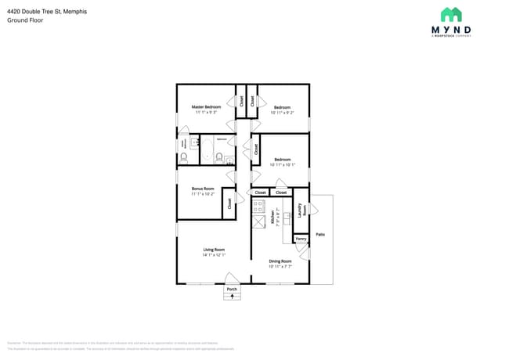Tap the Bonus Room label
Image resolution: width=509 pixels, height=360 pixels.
[x=203, y=188]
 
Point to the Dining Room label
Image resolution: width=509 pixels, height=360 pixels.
[x=280, y=261]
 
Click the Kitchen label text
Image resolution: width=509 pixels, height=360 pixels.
[x=273, y=218]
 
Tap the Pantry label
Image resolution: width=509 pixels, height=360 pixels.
[x=300, y=237]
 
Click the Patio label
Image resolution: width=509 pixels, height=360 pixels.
[x=320, y=234]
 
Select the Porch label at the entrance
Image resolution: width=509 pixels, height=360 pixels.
[x=232, y=289]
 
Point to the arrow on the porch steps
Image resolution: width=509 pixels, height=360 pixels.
[x=232, y=297]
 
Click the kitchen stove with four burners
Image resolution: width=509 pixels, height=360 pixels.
[x=258, y=206]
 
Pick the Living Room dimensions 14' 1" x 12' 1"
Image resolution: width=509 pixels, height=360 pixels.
[x=214, y=255]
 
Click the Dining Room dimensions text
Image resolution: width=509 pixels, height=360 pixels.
[x=280, y=267]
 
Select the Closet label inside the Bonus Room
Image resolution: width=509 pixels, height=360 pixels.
[x=229, y=203]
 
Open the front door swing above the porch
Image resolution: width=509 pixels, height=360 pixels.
[x=232, y=277]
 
